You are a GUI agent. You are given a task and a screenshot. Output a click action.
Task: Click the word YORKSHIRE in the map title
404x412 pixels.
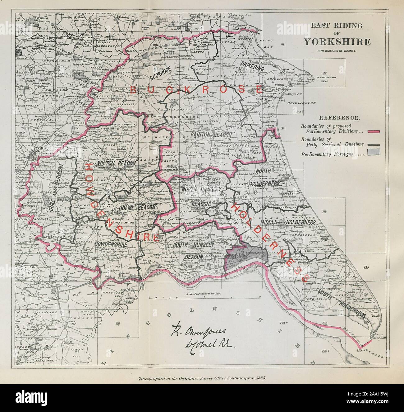(337, 41)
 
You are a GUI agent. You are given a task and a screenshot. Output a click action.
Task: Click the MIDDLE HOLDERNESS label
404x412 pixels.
(288, 222)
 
